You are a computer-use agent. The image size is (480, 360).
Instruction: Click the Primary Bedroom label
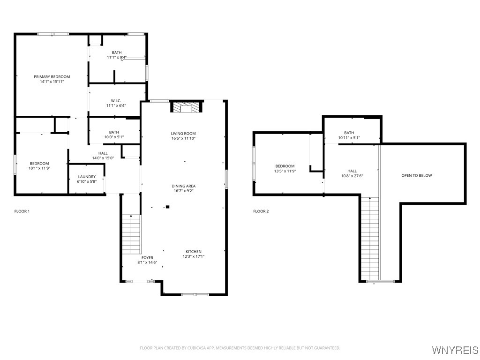[52, 76]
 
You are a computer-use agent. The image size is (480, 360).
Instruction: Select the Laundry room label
[87, 177]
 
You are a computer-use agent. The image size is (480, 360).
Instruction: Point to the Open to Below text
[417, 175]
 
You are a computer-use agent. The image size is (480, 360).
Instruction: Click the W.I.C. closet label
[116, 101]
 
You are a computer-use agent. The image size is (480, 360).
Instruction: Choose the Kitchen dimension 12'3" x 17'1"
[194, 256]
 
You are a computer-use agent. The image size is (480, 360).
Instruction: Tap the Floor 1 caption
[22, 211]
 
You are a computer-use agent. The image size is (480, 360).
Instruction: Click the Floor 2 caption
[261, 211]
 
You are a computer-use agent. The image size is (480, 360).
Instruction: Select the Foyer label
[147, 258]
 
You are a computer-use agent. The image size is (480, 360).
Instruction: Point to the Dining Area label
[183, 186]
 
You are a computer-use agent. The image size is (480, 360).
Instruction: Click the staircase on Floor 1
[132, 234]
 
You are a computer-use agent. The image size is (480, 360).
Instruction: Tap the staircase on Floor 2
[370, 239]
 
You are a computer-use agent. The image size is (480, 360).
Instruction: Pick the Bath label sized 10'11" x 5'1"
[349, 133]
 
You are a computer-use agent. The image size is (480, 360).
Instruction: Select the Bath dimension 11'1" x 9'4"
[117, 57]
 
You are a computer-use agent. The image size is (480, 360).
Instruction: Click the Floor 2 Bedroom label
[285, 166]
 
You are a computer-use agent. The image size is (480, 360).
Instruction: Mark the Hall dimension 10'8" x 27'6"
[352, 176]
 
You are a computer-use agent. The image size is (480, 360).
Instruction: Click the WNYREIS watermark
[455, 350]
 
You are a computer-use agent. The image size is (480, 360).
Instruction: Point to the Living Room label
[183, 134]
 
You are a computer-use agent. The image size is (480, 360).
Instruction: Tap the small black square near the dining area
[167, 207]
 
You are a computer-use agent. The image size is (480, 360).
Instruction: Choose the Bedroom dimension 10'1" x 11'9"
[39, 168]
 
